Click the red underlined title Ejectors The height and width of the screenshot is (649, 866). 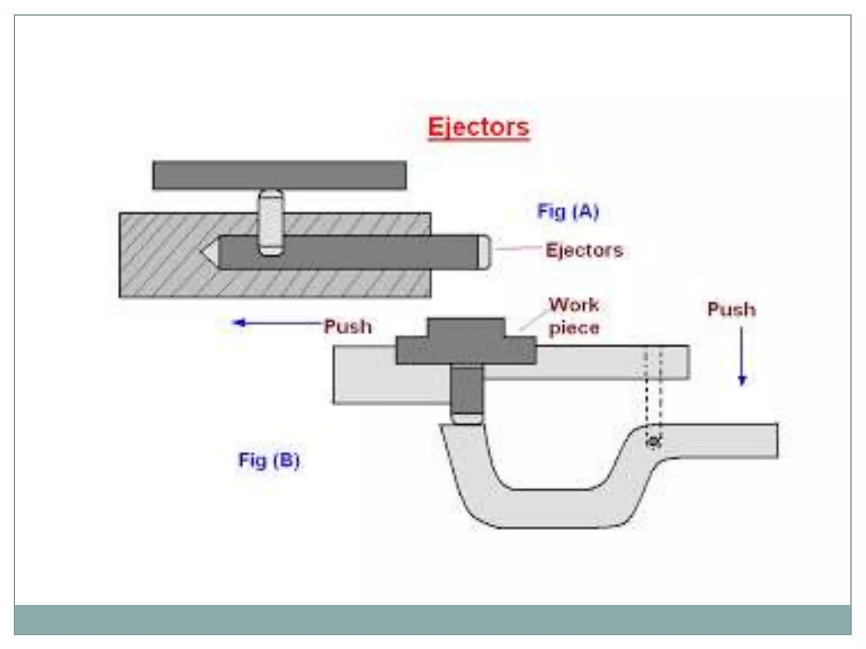point(478,127)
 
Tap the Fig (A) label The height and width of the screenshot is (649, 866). point(568,211)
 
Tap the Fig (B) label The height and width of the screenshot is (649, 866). point(269,460)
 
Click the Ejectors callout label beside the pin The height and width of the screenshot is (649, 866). point(584,250)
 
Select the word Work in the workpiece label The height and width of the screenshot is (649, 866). point(574,305)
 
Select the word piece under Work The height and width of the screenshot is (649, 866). point(574,328)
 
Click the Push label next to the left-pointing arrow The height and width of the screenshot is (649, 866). point(348,327)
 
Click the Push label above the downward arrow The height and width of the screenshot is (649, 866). point(732,309)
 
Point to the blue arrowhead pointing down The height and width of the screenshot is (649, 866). point(742,380)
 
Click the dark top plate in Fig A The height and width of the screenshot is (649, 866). point(279,175)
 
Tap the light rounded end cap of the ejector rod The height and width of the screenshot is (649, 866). point(484,252)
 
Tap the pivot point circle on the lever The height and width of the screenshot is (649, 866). point(654,442)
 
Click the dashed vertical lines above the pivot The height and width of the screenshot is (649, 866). point(653,389)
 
